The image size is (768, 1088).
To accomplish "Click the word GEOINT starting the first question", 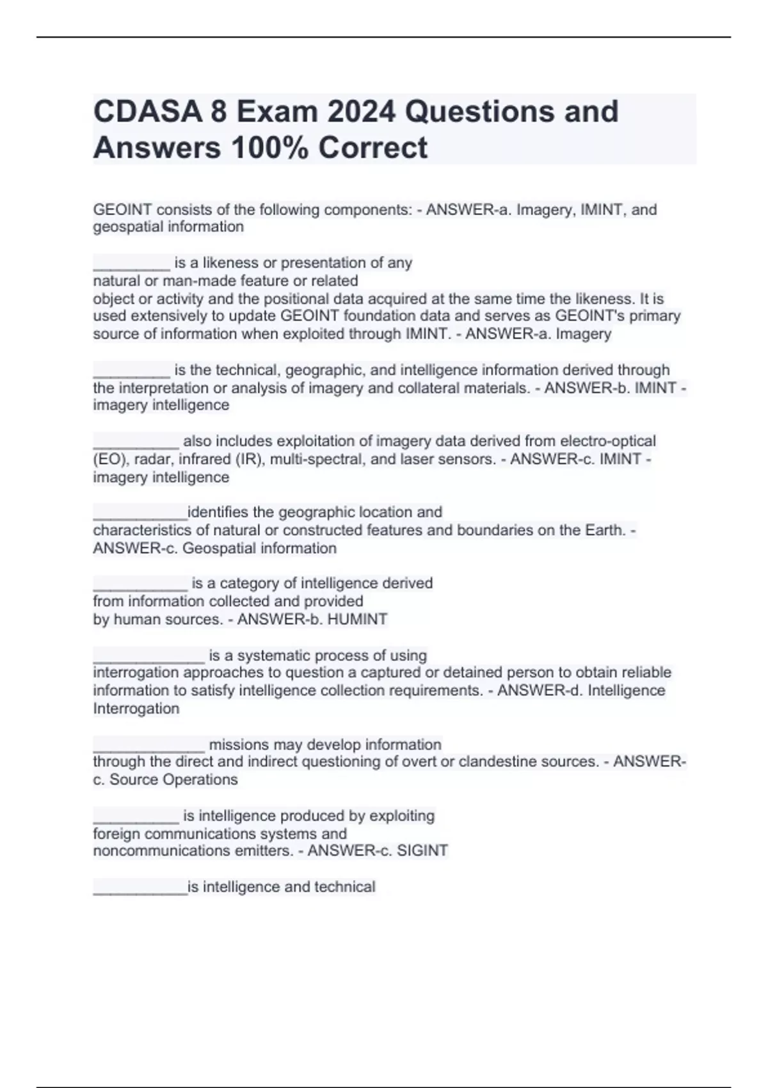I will click(x=122, y=210).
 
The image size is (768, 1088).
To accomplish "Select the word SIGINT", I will click(x=422, y=851).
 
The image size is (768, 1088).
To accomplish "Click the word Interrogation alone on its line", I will click(x=136, y=708).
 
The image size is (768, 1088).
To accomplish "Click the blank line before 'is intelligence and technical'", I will click(x=140, y=890).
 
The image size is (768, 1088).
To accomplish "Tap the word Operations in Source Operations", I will click(x=200, y=780).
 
